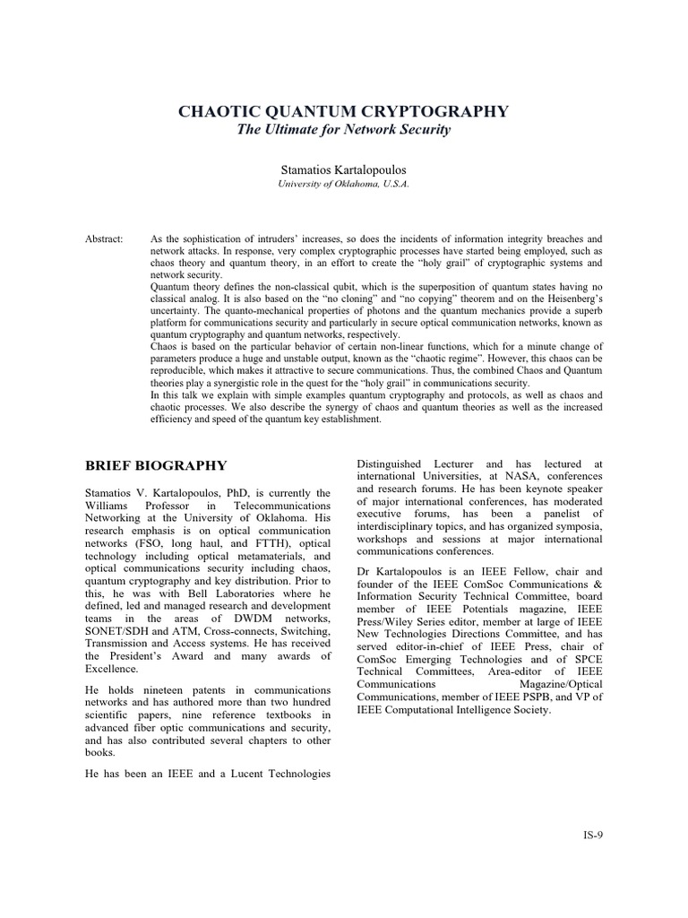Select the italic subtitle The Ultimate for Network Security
pos(343,131)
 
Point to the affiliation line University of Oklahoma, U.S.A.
pos(343,184)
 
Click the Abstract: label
pos(105,239)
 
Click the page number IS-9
pos(592,835)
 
